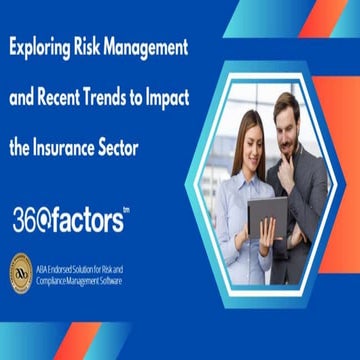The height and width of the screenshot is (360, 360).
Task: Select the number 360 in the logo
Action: click(31, 221)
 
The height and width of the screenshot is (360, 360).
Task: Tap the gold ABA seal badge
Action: click(22, 271)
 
